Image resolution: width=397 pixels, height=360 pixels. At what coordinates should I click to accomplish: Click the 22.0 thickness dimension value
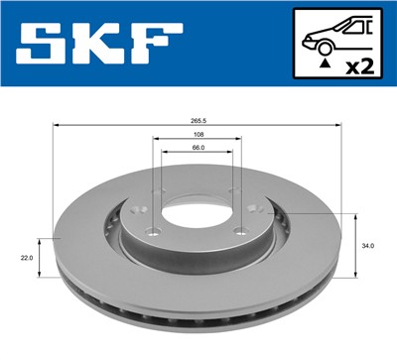tap(27, 258)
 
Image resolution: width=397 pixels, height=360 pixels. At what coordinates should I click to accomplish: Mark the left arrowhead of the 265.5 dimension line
tap(57, 127)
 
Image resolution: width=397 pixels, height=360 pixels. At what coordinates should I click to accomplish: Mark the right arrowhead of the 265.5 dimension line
tap(339, 127)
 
